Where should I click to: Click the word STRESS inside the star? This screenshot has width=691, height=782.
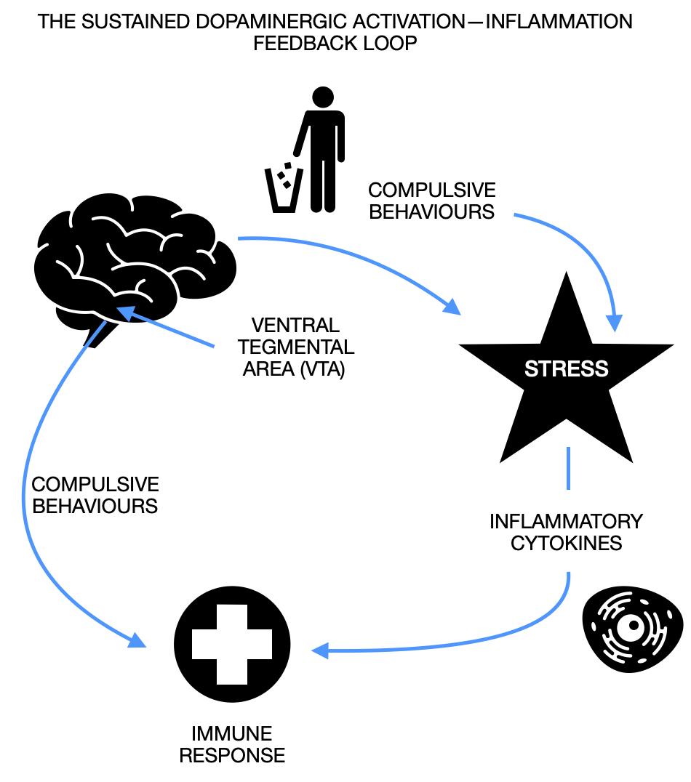(566, 368)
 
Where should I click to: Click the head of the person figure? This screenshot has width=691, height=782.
(322, 97)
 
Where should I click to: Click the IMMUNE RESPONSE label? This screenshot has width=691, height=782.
(232, 743)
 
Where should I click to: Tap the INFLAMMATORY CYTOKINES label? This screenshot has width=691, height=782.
(566, 532)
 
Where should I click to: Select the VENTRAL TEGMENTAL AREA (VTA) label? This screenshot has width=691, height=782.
(294, 347)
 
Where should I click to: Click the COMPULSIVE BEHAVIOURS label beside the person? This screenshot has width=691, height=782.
(431, 201)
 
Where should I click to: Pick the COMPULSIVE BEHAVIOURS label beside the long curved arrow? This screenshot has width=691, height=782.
(95, 495)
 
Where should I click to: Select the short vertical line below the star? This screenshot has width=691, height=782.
(567, 469)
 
